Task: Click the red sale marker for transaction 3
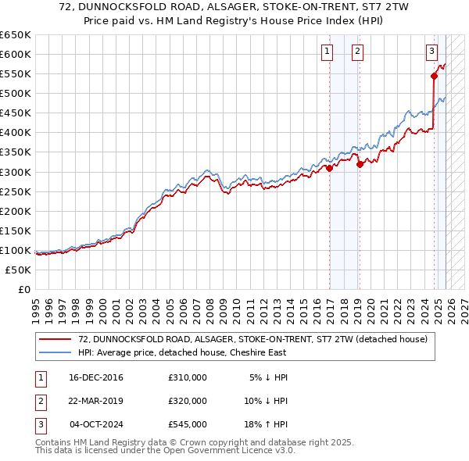pyautogui.click(x=434, y=76)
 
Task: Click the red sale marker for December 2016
pyautogui.click(x=330, y=167)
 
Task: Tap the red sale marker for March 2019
pyautogui.click(x=360, y=164)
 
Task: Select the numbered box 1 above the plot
pyautogui.click(x=326, y=52)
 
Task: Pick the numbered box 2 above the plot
pyautogui.click(x=356, y=52)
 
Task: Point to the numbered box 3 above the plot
pyautogui.click(x=431, y=52)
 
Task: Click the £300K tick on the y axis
pyautogui.click(x=16, y=172)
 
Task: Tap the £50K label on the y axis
pyautogui.click(x=19, y=270)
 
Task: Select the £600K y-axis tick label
pyautogui.click(x=16, y=55)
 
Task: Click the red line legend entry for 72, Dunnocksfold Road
pyautogui.click(x=252, y=339)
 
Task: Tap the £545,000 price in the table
pyautogui.click(x=188, y=424)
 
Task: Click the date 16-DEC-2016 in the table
pyautogui.click(x=96, y=377)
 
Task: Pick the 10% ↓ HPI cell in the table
pyautogui.click(x=267, y=401)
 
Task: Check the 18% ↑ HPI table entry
pyautogui.click(x=267, y=424)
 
